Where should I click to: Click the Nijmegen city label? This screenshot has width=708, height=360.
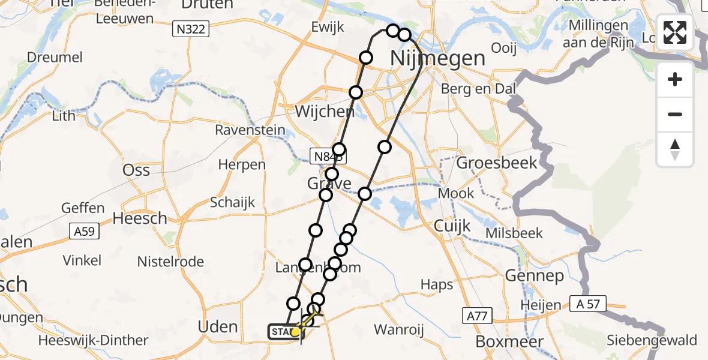(x=437, y=59)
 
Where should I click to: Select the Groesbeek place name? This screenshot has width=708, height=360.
(x=497, y=163)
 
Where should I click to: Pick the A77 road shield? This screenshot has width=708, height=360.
(x=478, y=315)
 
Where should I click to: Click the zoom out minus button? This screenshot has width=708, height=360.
(x=675, y=114)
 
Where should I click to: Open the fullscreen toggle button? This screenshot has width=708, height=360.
(x=675, y=32)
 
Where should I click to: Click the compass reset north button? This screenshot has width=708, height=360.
(x=675, y=149)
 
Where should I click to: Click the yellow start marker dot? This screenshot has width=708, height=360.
(x=295, y=332)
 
